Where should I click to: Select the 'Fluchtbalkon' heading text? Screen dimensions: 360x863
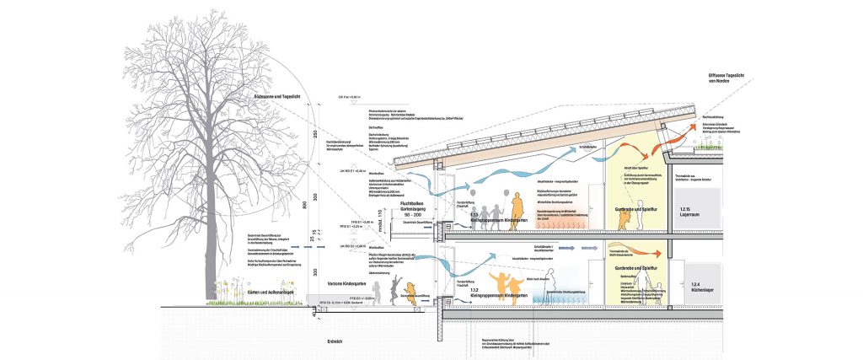388,202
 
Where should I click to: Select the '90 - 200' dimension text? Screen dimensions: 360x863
388,217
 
